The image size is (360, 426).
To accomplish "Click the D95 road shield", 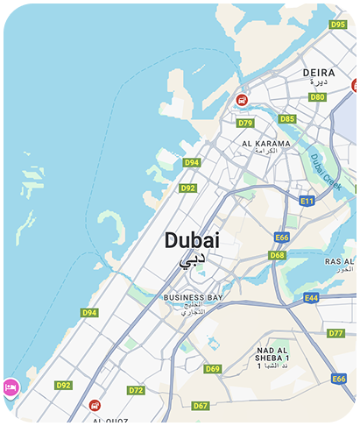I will pyautogui.click(x=338, y=25).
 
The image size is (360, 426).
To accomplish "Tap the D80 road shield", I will pyautogui.click(x=317, y=96).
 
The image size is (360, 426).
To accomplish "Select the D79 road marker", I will pyautogui.click(x=245, y=123).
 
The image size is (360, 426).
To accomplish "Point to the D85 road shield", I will pyautogui.click(x=287, y=118).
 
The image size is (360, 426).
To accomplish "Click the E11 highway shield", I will pyautogui.click(x=307, y=201).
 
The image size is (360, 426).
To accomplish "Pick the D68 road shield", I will pyautogui.click(x=277, y=255).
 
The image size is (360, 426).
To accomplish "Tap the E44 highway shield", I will pyautogui.click(x=312, y=299).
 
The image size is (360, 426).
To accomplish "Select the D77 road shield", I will pyautogui.click(x=336, y=333).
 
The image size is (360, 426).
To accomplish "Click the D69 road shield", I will pyautogui.click(x=213, y=369).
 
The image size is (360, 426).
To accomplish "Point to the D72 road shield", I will pyautogui.click(x=136, y=390).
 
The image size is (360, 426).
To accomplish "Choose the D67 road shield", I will pyautogui.click(x=201, y=406).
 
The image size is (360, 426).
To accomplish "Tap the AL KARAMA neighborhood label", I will pyautogui.click(x=259, y=143).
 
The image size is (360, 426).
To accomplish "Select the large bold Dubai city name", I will pyautogui.click(x=192, y=240).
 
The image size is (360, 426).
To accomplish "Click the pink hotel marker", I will pyautogui.click(x=11, y=387).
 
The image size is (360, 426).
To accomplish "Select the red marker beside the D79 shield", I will pyautogui.click(x=241, y=99).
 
